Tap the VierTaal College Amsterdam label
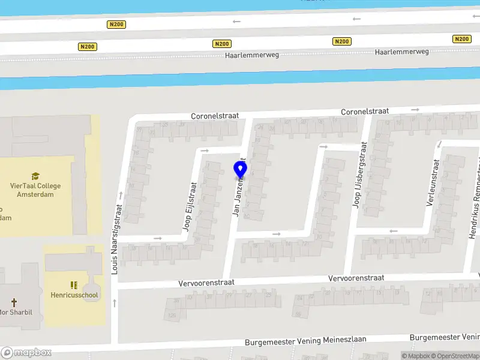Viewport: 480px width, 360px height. pos(35,190)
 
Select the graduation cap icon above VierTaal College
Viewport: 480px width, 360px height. pos(35,176)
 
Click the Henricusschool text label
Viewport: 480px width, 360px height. pos(74,295)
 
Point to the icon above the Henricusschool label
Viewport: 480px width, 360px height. pos(74,285)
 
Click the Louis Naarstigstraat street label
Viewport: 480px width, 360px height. pos(117,239)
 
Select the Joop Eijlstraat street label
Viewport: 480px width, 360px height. pos(190,207)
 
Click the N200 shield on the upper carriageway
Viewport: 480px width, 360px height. pos(116,24)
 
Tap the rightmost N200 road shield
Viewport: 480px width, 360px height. pos(461,39)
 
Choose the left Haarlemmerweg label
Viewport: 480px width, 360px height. pos(252,55)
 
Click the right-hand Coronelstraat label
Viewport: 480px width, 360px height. pos(365,112)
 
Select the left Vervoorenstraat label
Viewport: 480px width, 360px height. pos(206,282)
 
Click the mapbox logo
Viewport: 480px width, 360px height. pos(26,352)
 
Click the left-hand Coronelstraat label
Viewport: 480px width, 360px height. pos(215,116)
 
